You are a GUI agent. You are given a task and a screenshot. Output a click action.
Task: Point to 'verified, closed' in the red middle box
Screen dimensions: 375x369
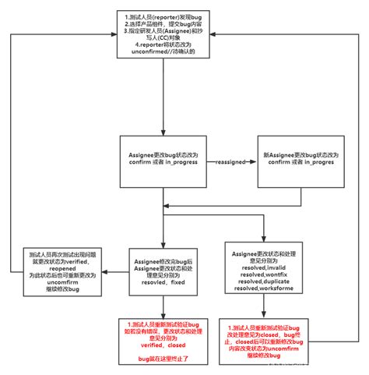(163, 344)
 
